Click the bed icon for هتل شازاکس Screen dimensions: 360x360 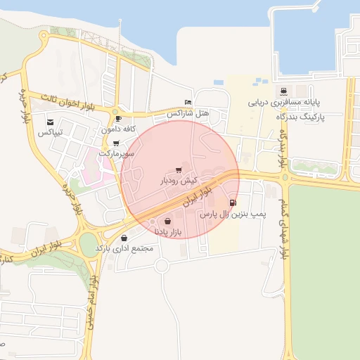click(187, 102)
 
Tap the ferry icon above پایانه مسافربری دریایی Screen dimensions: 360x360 click(283, 91)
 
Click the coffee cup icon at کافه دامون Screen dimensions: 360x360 click(117, 119)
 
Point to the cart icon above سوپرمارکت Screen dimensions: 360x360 click(116, 143)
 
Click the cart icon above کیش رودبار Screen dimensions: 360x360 click(179, 170)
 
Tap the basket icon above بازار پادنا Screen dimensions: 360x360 click(167, 221)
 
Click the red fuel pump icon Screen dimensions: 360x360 click(233, 203)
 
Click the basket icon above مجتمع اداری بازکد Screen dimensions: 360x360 click(124, 238)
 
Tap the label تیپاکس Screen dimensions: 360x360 click(50, 132)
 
